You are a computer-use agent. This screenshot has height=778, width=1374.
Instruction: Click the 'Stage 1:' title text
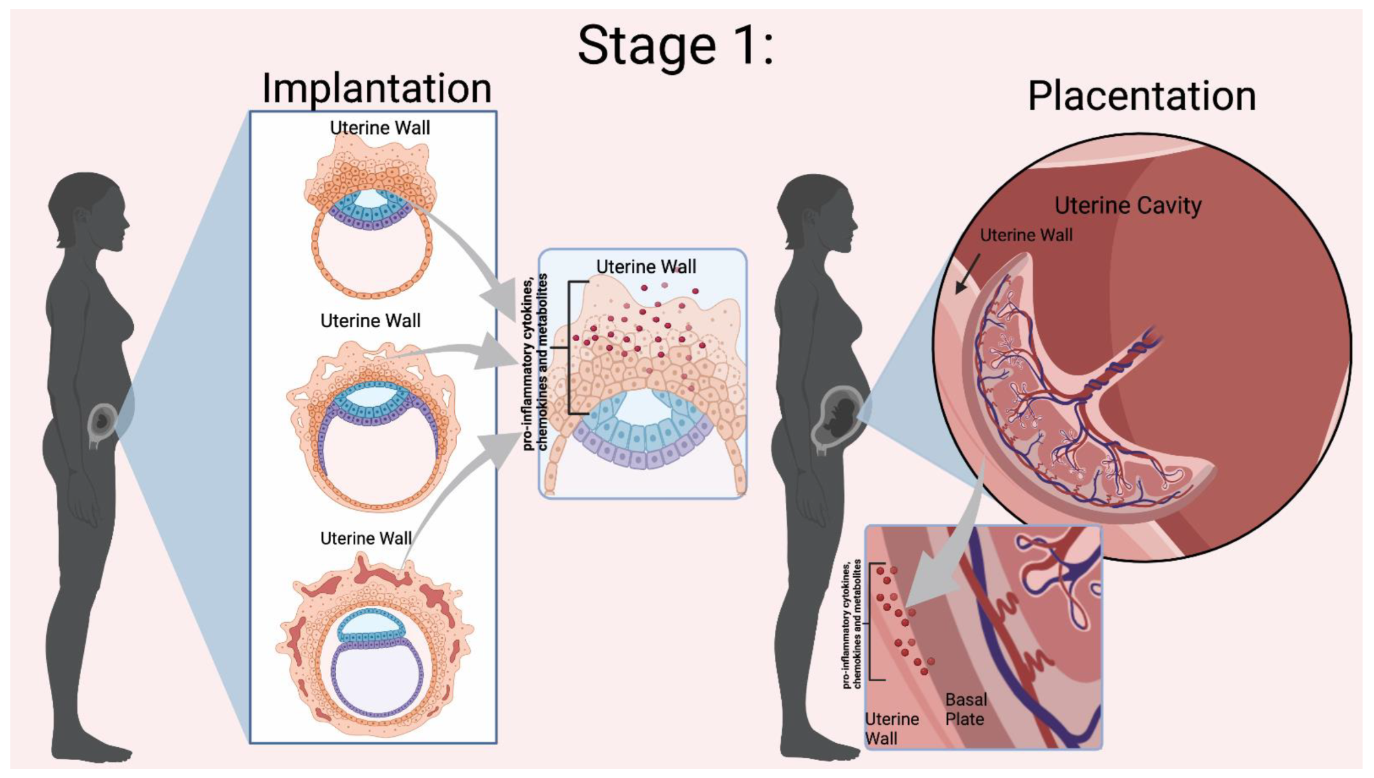click(x=676, y=45)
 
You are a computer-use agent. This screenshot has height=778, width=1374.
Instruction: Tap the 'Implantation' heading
click(x=376, y=89)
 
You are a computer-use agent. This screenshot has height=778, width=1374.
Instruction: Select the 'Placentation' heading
click(x=1141, y=96)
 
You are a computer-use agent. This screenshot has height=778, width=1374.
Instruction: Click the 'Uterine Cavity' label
click(x=1127, y=205)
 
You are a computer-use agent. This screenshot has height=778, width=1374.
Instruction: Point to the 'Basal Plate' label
click(x=965, y=709)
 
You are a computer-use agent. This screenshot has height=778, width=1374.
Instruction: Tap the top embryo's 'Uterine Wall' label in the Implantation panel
click(x=379, y=128)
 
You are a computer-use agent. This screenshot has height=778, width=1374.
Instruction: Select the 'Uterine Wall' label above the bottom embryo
click(x=365, y=538)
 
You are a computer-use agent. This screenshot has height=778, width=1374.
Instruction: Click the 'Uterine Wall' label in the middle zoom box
click(x=645, y=267)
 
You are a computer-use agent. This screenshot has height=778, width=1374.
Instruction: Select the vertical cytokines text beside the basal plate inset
click(x=851, y=624)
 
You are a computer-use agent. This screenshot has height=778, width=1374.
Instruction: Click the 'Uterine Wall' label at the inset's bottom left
click(x=891, y=729)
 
